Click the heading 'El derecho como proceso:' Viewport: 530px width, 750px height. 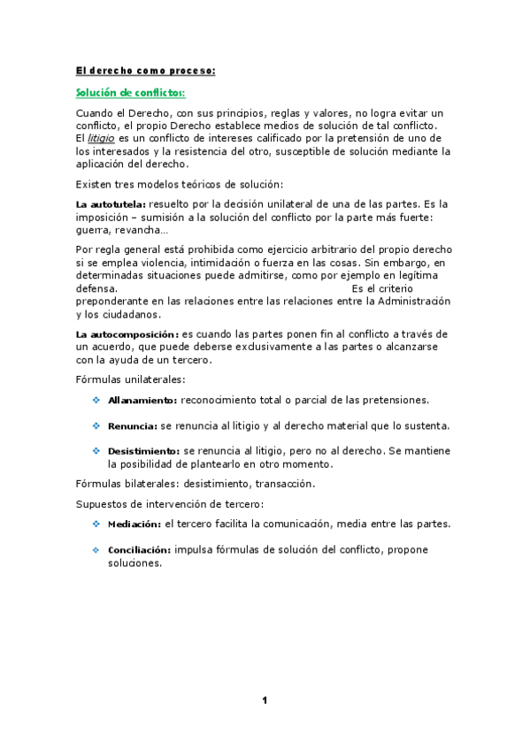[x=145, y=70]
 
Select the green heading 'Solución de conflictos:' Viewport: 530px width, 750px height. [x=130, y=93]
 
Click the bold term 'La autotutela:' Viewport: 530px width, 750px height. [x=111, y=205]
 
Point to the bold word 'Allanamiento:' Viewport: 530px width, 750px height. [x=142, y=401]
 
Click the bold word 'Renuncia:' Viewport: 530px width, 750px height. [x=133, y=426]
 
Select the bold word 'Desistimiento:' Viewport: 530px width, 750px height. [x=144, y=451]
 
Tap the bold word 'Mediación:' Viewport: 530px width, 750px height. [x=135, y=524]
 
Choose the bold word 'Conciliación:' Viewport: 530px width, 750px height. [x=140, y=550]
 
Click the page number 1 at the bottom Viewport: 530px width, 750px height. [x=265, y=701]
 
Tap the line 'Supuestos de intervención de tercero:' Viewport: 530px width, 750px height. [x=169, y=504]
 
